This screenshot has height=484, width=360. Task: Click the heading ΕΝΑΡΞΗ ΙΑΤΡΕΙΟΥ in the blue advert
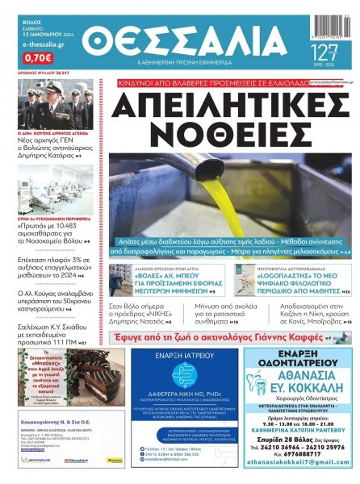(182, 357)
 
